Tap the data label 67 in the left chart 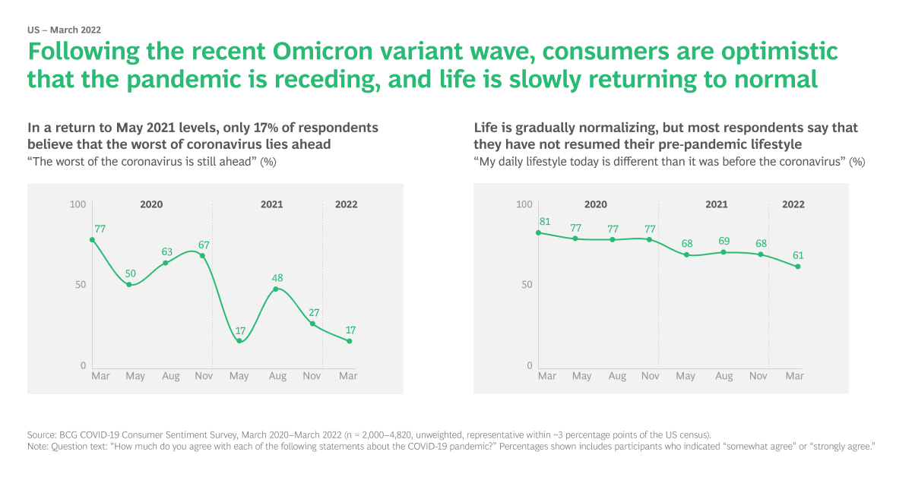pos(204,245)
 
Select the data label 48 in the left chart pos(277,278)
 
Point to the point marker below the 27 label pos(312,324)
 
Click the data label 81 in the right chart pos(544,222)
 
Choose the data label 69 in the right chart pos(724,241)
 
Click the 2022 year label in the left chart pos(346,204)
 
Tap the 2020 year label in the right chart pos(595,204)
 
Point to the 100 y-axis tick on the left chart pos(78,204)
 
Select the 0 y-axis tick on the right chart pos(530,366)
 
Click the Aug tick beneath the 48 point pos(277,376)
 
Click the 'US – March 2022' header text pos(64,30)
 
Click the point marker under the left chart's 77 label pos(92,240)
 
